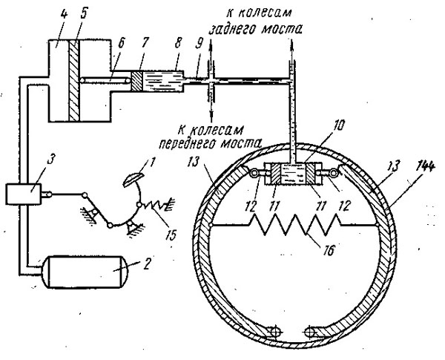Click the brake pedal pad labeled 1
[x=133, y=180]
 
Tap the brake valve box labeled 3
[x=24, y=194]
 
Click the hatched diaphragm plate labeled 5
[x=74, y=81]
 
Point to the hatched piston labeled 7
[x=136, y=81]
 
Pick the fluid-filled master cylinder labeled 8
[x=162, y=81]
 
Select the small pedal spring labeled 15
[x=156, y=206]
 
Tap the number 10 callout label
[x=340, y=125]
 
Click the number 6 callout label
[x=121, y=44]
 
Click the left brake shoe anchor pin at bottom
[x=275, y=331]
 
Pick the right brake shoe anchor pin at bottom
[x=311, y=332]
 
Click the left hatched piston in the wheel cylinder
[x=274, y=174]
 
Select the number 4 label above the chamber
[x=64, y=14]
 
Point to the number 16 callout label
[x=329, y=251]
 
